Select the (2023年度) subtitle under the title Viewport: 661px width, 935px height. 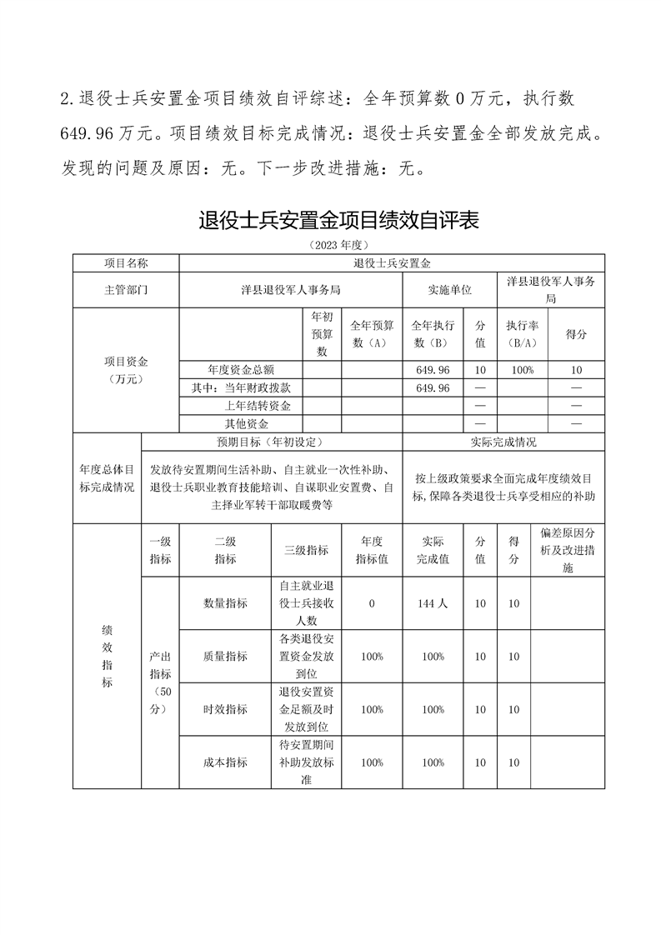coord(338,245)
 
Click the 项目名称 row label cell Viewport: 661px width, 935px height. coord(126,263)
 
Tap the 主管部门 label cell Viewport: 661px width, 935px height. coord(126,290)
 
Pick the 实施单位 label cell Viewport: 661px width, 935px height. coord(449,290)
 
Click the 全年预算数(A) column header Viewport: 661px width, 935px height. coord(371,334)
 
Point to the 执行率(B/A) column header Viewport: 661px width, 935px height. coord(521,334)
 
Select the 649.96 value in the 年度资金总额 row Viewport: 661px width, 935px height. coord(432,369)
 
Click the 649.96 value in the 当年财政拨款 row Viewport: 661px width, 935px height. coord(432,388)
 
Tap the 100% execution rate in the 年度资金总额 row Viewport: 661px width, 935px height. coord(521,369)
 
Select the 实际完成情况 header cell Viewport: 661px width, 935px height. coord(503,442)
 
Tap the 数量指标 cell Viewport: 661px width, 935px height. coord(225,603)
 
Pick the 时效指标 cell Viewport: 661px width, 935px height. coord(225,709)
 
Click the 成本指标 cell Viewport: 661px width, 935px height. coord(225,762)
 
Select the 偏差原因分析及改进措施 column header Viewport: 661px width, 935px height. coord(568,551)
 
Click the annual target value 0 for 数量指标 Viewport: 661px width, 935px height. coord(371,603)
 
